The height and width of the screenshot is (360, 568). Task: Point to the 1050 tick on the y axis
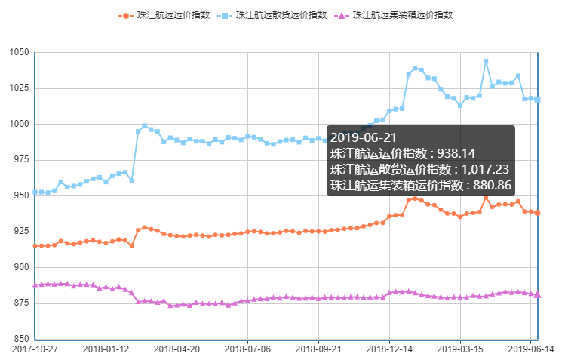point(19,52)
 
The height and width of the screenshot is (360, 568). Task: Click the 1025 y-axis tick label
point(19,88)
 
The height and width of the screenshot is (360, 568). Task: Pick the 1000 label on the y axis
point(19,124)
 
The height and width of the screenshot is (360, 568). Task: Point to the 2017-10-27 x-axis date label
point(35,349)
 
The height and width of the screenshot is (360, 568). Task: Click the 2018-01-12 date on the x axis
point(106,349)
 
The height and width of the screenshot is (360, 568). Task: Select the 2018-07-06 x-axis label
point(247,349)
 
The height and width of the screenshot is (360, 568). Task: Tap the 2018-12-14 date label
point(389,349)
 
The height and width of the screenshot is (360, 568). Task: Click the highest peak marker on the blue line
point(486,61)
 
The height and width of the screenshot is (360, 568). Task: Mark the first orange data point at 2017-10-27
point(35,246)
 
